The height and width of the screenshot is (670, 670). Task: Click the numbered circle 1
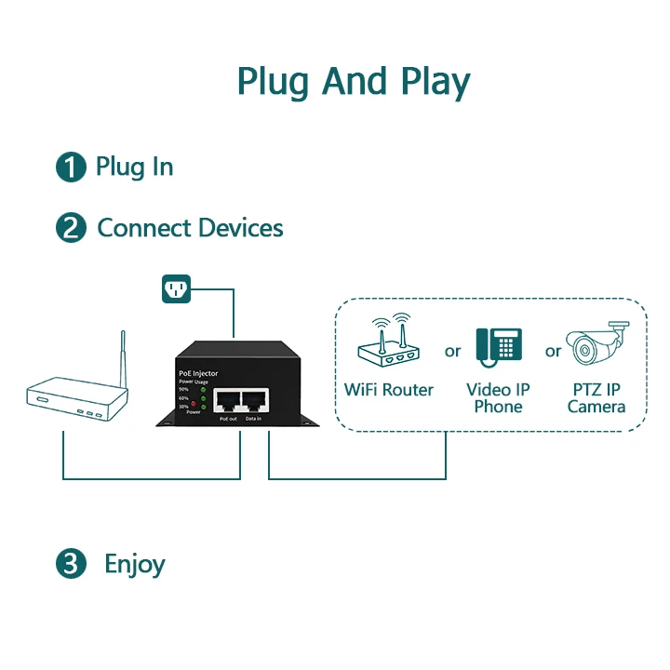(x=71, y=167)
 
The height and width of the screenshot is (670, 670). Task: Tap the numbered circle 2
(x=71, y=228)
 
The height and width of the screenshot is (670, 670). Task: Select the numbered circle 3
(x=71, y=564)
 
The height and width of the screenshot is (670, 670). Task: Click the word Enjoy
(x=135, y=564)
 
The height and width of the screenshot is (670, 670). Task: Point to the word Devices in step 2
(x=236, y=228)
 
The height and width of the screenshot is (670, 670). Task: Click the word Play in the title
(x=435, y=82)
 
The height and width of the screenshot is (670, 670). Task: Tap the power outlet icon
(x=176, y=288)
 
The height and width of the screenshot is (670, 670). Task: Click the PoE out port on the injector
(x=227, y=401)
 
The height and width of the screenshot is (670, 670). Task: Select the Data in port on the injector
(x=253, y=401)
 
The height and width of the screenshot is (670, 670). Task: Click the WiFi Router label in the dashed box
(x=389, y=389)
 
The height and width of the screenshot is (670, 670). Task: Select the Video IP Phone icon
(x=498, y=345)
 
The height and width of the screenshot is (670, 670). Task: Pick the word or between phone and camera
(x=554, y=351)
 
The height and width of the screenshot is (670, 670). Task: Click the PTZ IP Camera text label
(x=596, y=398)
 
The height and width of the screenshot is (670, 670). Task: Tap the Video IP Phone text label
(x=498, y=398)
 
